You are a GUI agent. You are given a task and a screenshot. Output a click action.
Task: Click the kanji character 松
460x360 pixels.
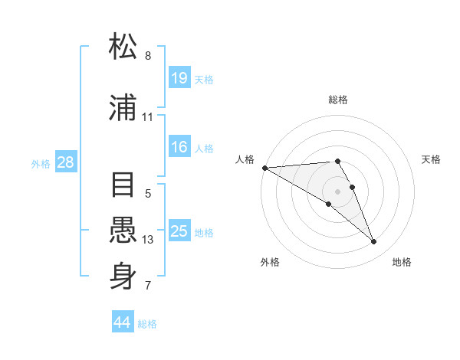[123, 47]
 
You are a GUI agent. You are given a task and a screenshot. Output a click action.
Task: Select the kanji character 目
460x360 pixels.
[123, 186]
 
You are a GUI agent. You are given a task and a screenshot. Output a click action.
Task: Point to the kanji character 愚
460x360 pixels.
[123, 232]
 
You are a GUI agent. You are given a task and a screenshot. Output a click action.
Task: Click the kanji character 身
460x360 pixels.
[123, 277]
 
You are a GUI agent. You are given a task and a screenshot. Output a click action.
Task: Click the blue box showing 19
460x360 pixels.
[179, 78]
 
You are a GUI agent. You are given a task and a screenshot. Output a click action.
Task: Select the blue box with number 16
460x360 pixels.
[179, 148]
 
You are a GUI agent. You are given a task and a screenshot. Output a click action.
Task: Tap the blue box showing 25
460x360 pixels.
[179, 231]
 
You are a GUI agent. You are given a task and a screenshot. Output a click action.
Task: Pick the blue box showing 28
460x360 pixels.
[65, 163]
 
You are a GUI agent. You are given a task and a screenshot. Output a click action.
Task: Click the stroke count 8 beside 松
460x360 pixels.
[147, 56]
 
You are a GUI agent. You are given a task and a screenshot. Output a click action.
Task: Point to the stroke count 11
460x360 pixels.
[147, 117]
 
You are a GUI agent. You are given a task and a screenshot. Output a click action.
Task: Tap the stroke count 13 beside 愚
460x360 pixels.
[147, 240]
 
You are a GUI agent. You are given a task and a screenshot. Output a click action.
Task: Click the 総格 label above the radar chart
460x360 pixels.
[338, 100]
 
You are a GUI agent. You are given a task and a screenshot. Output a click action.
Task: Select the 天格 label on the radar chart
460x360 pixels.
[432, 159]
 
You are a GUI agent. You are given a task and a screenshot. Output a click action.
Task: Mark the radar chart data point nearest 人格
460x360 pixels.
[264, 168]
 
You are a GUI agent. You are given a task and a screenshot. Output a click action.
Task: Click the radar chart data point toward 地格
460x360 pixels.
[374, 242]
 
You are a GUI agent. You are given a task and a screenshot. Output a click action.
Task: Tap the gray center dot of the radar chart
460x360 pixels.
[337, 191]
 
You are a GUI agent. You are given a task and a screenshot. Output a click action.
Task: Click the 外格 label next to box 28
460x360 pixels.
[41, 164]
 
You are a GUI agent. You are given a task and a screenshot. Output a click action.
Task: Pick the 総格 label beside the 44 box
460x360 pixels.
[147, 324]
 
